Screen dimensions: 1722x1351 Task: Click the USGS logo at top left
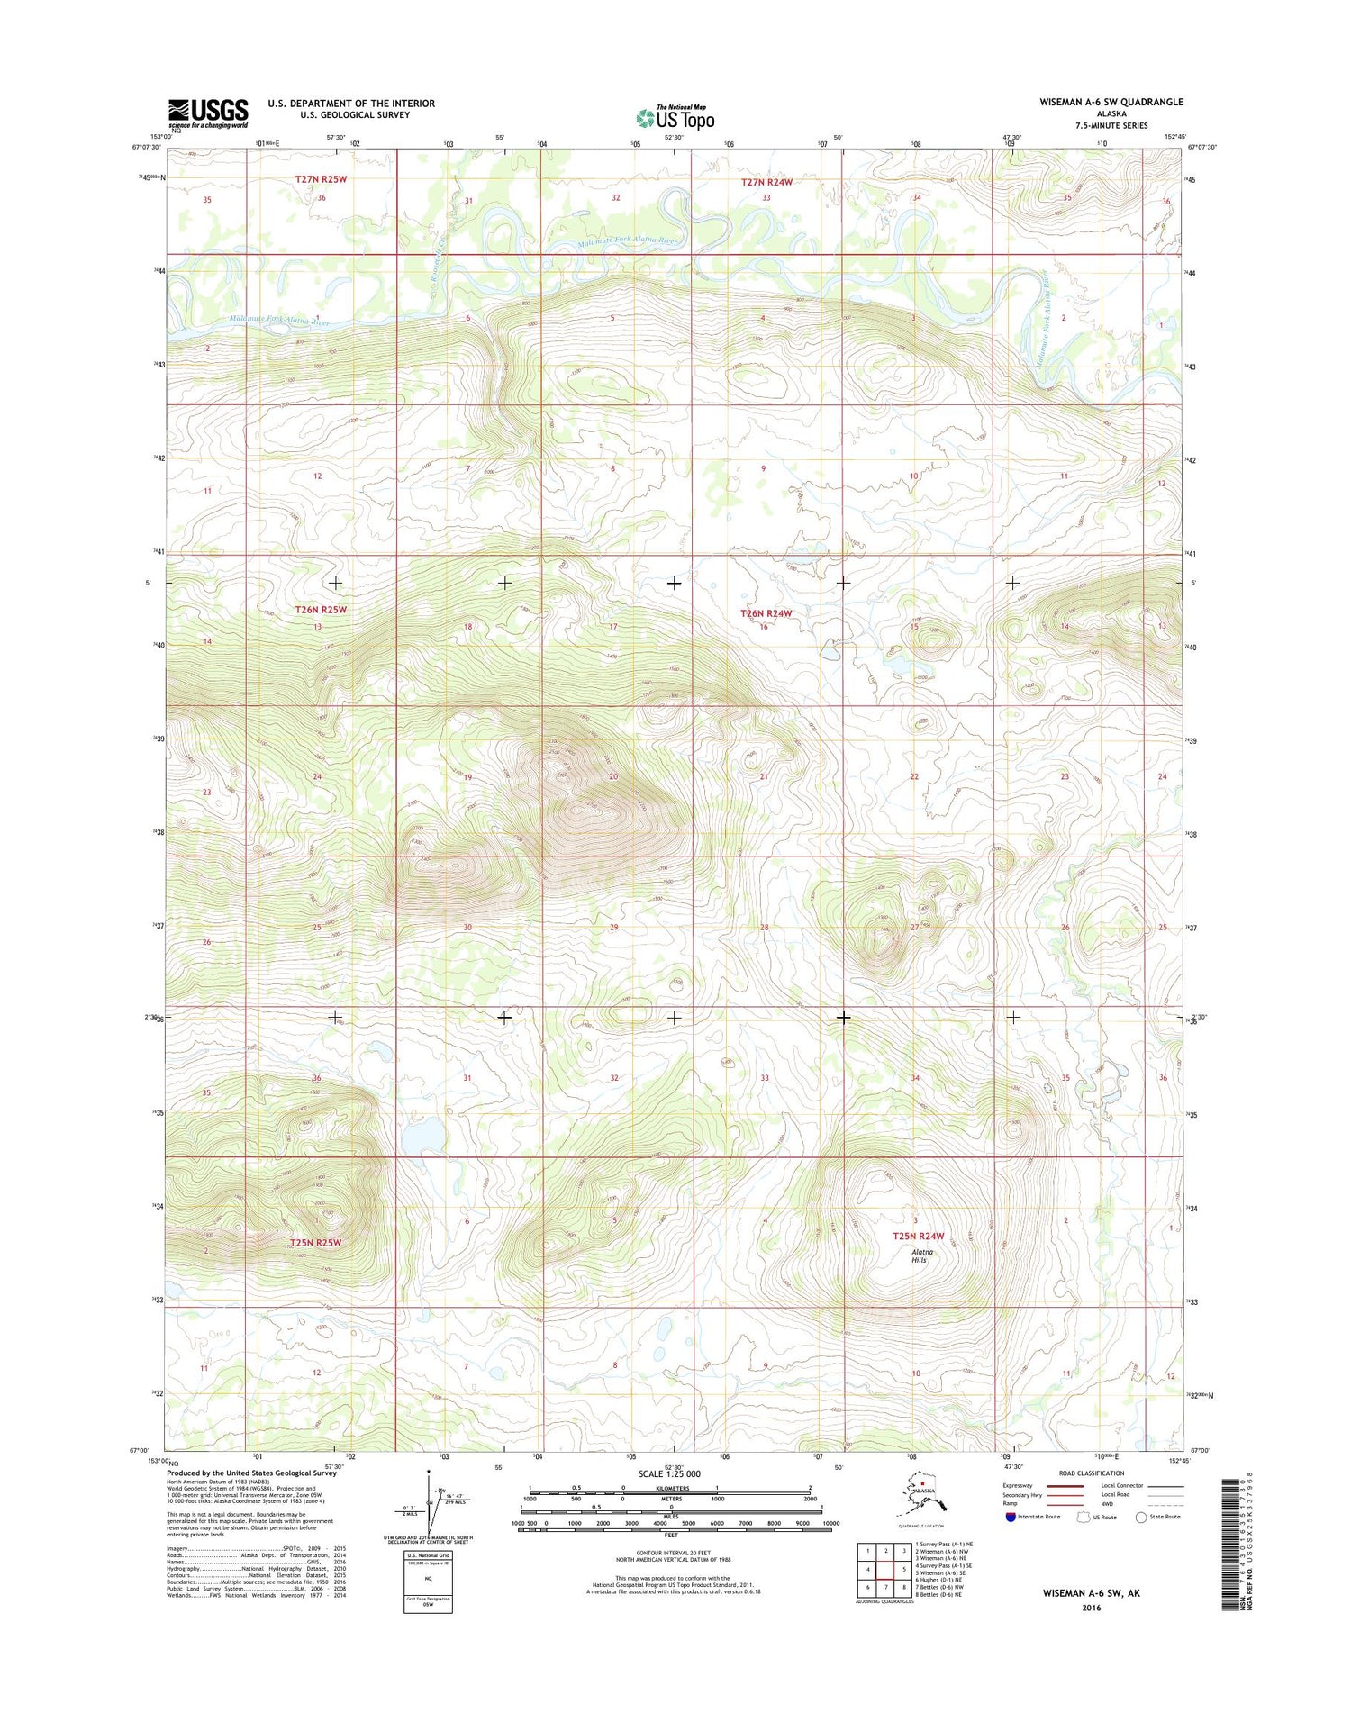pyautogui.click(x=208, y=113)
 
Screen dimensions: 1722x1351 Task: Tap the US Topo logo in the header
pyautogui.click(x=675, y=117)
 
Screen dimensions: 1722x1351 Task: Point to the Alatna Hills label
pyautogui.click(x=920, y=1255)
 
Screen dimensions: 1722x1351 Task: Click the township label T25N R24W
pyautogui.click(x=918, y=1237)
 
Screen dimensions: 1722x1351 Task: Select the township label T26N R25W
pyautogui.click(x=322, y=610)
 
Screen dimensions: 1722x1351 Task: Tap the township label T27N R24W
pyautogui.click(x=766, y=182)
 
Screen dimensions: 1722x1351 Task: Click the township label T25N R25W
pyautogui.click(x=316, y=1243)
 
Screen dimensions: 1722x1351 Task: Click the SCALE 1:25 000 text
pyautogui.click(x=668, y=1473)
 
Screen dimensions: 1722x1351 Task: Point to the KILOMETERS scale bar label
pyautogui.click(x=670, y=1488)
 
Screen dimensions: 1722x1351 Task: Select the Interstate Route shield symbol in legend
pyautogui.click(x=1011, y=1517)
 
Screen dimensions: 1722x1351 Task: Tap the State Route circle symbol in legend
pyautogui.click(x=1141, y=1518)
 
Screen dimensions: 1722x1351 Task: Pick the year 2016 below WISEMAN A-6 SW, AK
pyautogui.click(x=1092, y=1608)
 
